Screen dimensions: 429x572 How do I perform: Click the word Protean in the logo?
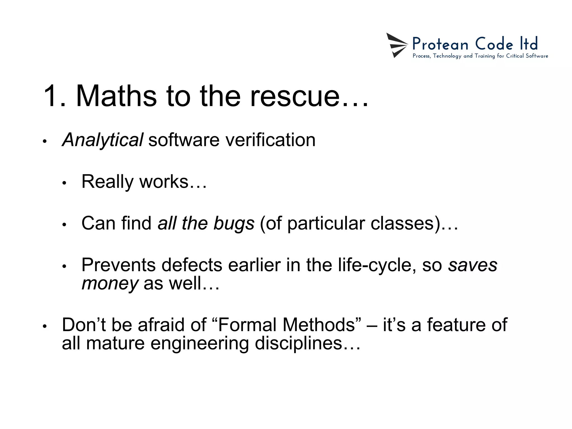(440, 44)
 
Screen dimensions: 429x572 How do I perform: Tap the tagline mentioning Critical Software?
(480, 56)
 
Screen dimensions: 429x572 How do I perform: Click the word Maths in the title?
(116, 96)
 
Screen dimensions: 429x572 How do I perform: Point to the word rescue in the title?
(295, 96)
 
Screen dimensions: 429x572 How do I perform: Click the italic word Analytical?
(103, 140)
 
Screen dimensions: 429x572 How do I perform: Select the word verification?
(270, 140)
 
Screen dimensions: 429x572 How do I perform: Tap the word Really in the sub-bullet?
(108, 182)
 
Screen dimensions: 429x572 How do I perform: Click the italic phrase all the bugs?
(206, 223)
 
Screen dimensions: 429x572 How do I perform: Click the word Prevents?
(118, 264)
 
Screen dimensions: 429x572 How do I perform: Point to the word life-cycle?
(375, 264)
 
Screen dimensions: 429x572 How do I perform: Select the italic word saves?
(473, 264)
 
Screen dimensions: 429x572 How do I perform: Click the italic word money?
(110, 283)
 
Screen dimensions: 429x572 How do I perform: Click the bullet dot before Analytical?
(44, 142)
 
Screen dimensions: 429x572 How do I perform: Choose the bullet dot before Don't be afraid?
(44, 326)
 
